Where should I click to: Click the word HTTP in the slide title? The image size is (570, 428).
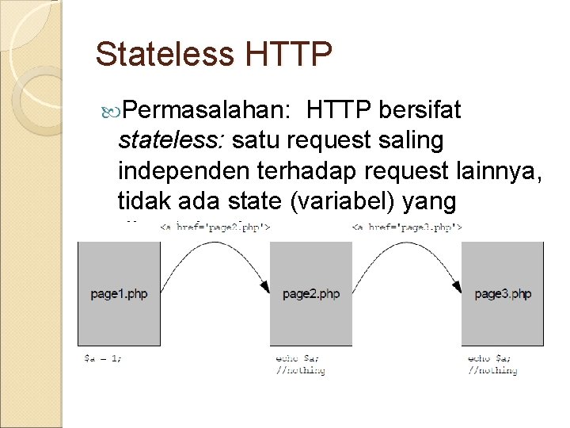[x=287, y=55]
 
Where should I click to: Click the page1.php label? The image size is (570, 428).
[x=119, y=294]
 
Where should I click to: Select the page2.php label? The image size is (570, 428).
[x=311, y=294]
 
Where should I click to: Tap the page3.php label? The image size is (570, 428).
[x=503, y=294]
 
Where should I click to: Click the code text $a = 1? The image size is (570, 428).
[x=103, y=357]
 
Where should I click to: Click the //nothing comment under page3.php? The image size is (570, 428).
[x=492, y=369]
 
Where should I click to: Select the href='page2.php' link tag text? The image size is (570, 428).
[x=215, y=228]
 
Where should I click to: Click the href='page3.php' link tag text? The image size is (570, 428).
[x=406, y=228]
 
